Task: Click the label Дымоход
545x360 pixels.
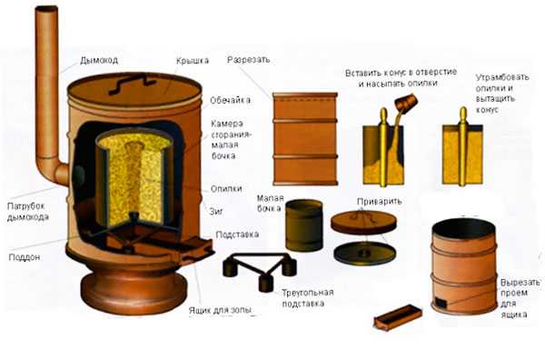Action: (99, 60)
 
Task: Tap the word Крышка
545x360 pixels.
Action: (193, 61)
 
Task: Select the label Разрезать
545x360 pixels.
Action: (249, 59)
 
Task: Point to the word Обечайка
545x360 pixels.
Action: (230, 100)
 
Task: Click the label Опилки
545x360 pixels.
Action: (226, 189)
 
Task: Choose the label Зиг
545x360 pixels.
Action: (216, 211)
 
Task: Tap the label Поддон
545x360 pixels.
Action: (25, 257)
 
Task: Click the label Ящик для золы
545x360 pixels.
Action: (220, 310)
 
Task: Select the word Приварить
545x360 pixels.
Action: (379, 202)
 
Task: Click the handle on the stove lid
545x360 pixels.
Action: (132, 85)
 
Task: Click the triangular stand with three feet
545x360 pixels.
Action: (260, 270)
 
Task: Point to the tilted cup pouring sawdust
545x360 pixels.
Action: (406, 103)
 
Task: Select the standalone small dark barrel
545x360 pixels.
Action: (304, 225)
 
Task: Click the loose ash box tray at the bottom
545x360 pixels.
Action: (398, 317)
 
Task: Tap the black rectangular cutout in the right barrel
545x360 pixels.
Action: (441, 303)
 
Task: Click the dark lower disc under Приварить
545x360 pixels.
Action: (364, 254)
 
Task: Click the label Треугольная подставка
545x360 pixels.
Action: (308, 298)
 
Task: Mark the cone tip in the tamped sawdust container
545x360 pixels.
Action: (463, 111)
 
